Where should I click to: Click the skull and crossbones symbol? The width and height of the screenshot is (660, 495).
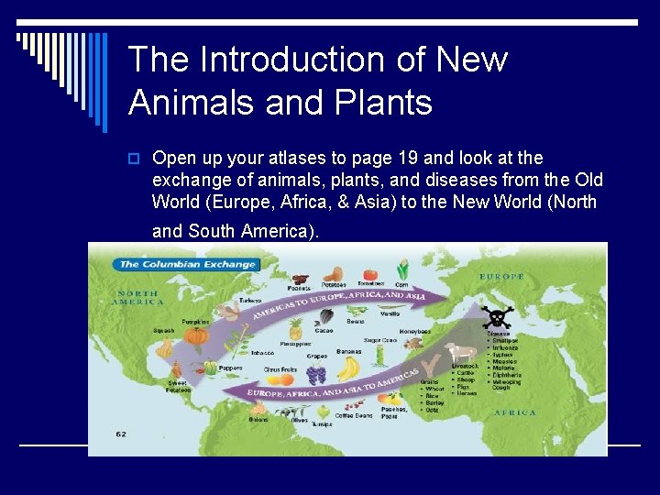point(498,318)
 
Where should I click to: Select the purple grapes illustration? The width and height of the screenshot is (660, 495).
point(316,373)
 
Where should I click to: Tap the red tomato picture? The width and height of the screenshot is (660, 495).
point(370,274)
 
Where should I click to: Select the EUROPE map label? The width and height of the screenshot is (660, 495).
point(501,276)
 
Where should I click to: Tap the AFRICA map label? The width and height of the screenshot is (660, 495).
point(515,412)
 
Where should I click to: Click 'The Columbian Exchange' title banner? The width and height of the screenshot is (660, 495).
point(186,264)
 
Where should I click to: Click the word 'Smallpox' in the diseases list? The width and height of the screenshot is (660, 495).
point(505,340)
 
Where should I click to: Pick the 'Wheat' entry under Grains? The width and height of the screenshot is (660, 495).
point(435,389)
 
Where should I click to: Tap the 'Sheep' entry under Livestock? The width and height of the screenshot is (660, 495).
point(466,379)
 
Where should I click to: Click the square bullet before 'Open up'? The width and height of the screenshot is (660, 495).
point(135,159)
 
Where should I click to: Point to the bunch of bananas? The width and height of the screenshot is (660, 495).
point(349,368)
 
